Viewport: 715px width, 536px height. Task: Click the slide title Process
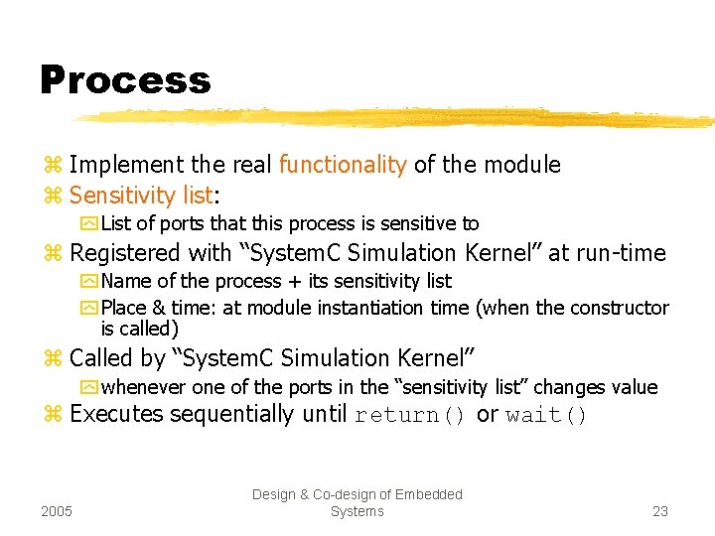coord(125,80)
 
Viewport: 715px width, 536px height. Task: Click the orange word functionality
coord(343,165)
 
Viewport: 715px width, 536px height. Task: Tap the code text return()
coord(410,415)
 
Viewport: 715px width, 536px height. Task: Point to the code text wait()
coord(545,415)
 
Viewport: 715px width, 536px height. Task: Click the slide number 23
coord(659,511)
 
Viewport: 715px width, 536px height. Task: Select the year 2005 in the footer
coord(58,511)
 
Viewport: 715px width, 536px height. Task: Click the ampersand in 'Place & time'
coord(157,308)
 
